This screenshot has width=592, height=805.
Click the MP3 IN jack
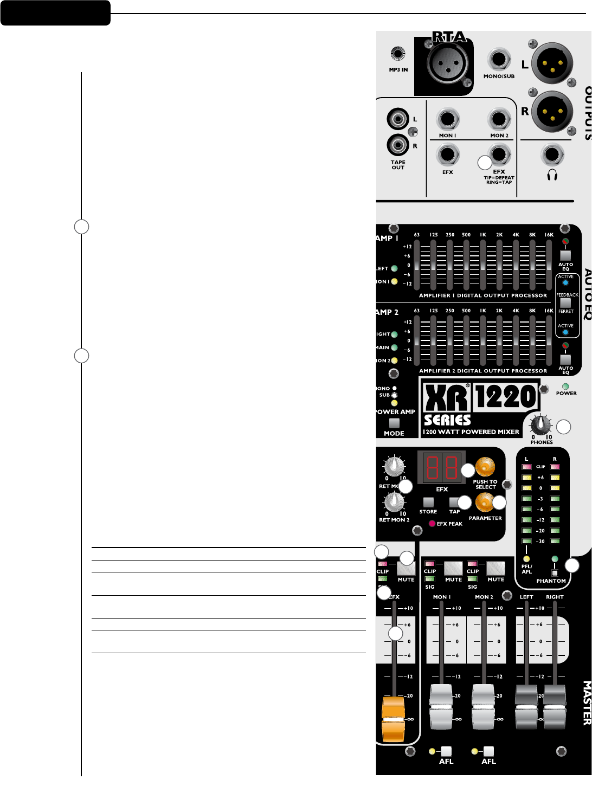(x=398, y=54)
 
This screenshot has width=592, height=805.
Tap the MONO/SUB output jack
(x=499, y=60)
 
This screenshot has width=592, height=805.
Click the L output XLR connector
(x=552, y=63)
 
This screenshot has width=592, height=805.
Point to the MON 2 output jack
(x=499, y=119)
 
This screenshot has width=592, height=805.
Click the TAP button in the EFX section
(x=454, y=503)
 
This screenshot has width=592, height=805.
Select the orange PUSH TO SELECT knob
(x=485, y=467)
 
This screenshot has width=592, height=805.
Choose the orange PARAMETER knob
(x=484, y=503)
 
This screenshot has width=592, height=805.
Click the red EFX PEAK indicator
(x=432, y=524)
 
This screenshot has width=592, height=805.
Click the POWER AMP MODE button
(x=394, y=423)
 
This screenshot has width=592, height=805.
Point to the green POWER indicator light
(x=565, y=387)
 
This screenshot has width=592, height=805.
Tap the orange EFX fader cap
(x=393, y=719)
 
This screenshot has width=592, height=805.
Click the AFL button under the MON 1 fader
(x=446, y=751)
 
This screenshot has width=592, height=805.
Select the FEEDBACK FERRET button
(x=565, y=303)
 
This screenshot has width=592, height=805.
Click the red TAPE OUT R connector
(x=397, y=145)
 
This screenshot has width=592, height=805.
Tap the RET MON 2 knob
(x=394, y=501)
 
